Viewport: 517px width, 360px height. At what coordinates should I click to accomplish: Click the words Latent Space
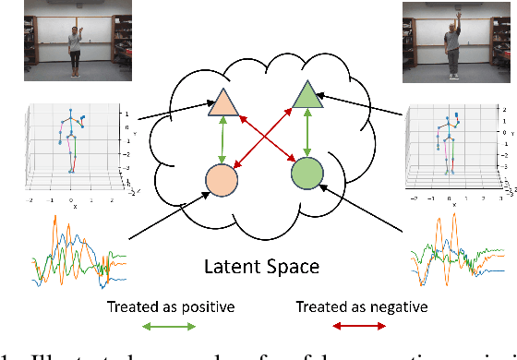(262, 267)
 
